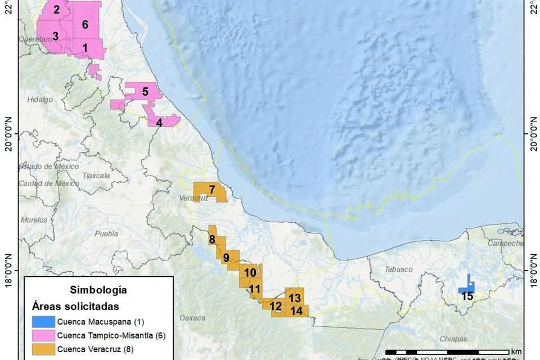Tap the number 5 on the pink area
(145, 91)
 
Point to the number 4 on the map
(159, 122)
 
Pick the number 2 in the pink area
(56, 10)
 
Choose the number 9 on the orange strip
(226, 258)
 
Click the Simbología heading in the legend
(98, 290)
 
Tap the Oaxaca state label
(192, 318)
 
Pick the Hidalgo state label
(39, 100)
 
